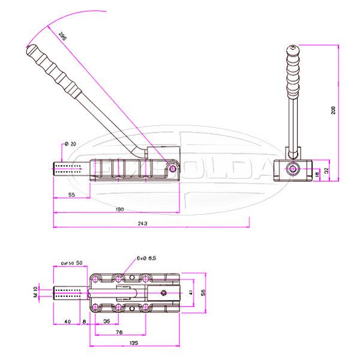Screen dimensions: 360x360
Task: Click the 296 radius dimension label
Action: [62, 37]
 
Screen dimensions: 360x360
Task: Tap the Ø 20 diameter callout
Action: [70, 144]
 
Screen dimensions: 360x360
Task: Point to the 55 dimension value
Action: [71, 196]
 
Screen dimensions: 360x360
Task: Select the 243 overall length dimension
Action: [142, 223]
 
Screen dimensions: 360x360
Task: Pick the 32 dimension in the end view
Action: [327, 170]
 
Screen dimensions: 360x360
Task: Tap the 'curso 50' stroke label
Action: [72, 264]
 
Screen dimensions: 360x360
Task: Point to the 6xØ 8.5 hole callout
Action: [146, 258]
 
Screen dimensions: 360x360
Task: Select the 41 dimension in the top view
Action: [190, 293]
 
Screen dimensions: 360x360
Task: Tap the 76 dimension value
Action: [119, 332]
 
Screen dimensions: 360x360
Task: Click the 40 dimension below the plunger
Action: [67, 322]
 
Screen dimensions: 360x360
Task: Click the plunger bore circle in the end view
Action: [292, 170]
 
